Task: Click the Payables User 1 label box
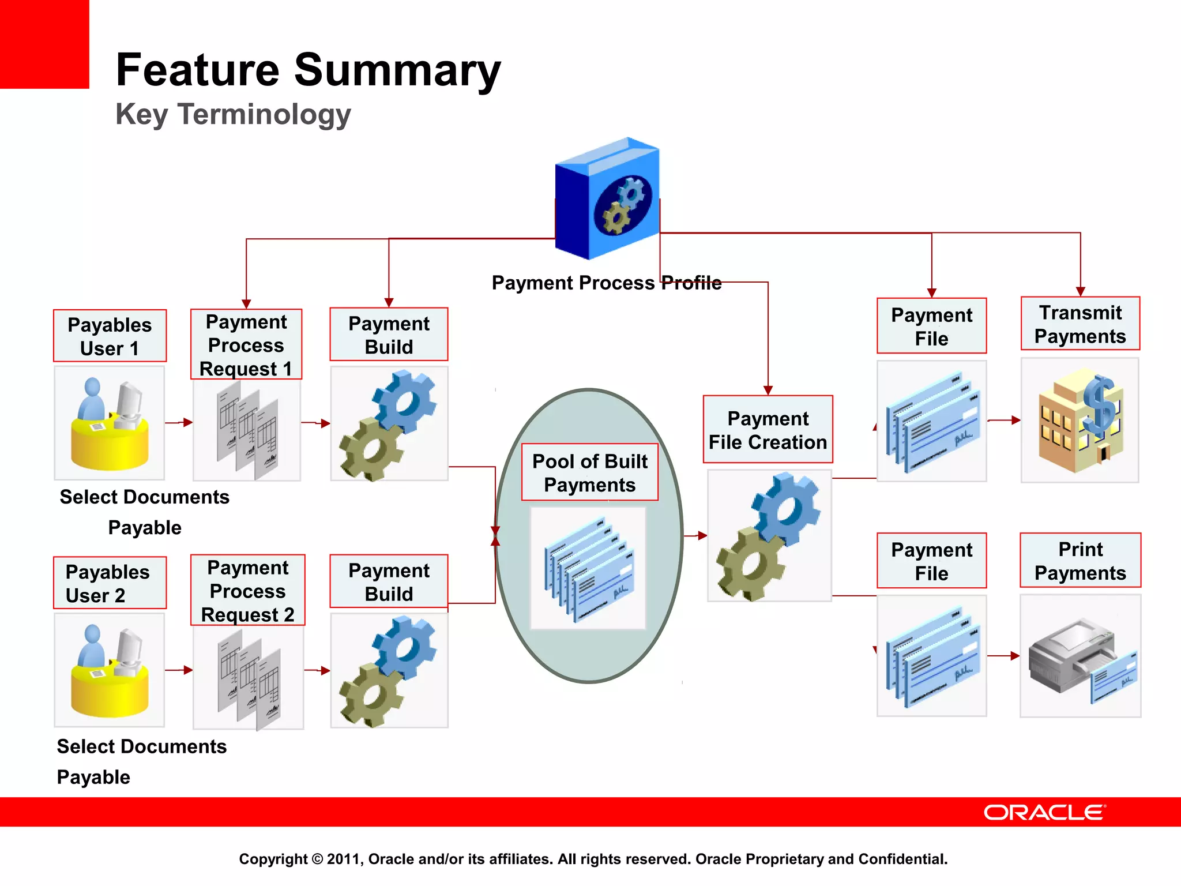(x=110, y=336)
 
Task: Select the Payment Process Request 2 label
(x=247, y=591)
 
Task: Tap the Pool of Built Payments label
(x=589, y=472)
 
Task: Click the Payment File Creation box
(x=768, y=430)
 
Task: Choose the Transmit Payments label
(x=1080, y=324)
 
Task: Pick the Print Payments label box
(x=1080, y=561)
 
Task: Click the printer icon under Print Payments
(x=1073, y=658)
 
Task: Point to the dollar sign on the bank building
(x=1100, y=406)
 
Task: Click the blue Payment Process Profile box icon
(x=608, y=198)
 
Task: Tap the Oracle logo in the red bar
(x=1044, y=812)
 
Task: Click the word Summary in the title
(x=397, y=70)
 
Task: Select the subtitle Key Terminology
(x=233, y=114)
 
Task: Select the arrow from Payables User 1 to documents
(x=179, y=422)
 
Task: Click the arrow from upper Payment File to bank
(x=1004, y=420)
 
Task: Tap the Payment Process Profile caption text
(x=606, y=283)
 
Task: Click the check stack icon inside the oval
(x=588, y=569)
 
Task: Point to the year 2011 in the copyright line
(x=343, y=859)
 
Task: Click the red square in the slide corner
(x=44, y=44)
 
